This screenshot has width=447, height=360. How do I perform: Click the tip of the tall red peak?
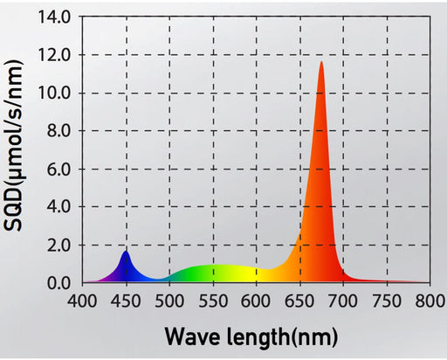tap(321, 62)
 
